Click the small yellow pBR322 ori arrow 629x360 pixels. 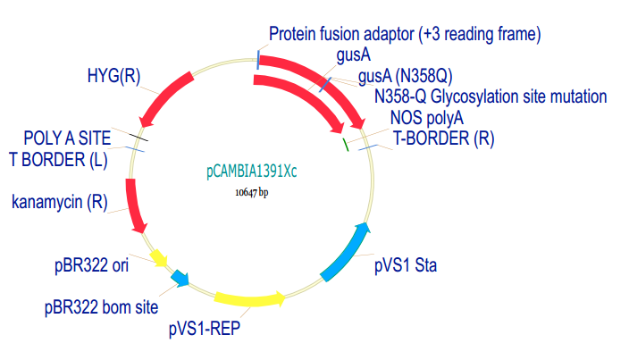pyautogui.click(x=159, y=258)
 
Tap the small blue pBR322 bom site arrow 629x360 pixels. pyautogui.click(x=180, y=279)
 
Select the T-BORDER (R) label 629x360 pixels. pyautogui.click(x=444, y=138)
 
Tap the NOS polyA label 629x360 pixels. pyautogui.click(x=427, y=117)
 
